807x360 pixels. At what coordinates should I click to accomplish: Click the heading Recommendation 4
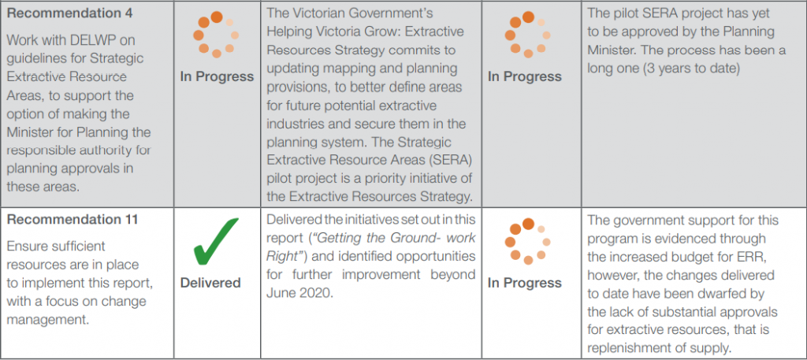70,13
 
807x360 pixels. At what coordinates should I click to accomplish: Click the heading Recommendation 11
73,220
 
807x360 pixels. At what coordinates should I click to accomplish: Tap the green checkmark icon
215,241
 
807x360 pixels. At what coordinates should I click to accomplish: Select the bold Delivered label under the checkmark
210,283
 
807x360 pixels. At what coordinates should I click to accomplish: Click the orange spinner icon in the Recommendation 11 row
527,241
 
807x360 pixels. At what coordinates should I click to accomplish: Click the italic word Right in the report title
281,256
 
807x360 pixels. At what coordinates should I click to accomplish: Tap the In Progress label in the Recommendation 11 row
525,283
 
